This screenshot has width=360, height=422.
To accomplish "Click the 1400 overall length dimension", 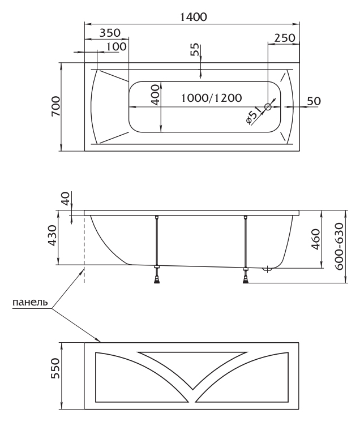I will coord(192,17).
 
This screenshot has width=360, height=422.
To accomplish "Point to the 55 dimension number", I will coord(195,50).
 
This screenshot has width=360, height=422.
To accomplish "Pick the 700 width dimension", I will coord(55,107).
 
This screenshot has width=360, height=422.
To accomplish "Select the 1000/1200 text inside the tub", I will coord(211,97).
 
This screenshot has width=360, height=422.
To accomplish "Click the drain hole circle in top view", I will coord(268,106).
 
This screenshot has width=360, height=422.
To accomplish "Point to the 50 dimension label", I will coord(314,101).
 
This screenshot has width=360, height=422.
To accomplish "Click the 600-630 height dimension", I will coord(339,247).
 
